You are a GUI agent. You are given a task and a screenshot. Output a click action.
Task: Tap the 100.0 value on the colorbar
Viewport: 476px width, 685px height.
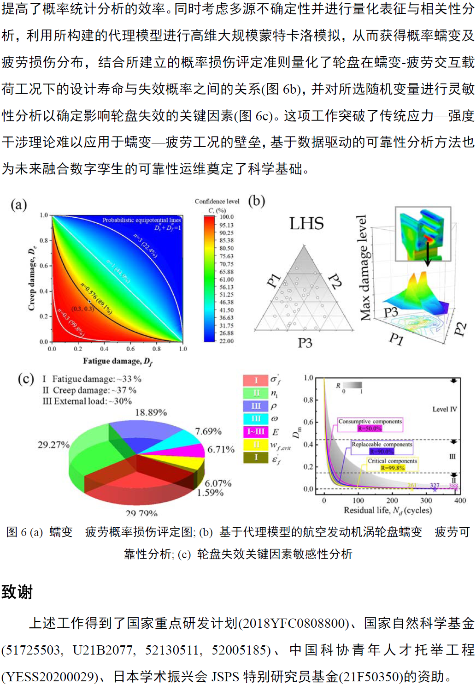pyautogui.click(x=226, y=217)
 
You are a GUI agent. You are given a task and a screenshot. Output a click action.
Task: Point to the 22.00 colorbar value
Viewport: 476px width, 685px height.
pyautogui.click(x=226, y=341)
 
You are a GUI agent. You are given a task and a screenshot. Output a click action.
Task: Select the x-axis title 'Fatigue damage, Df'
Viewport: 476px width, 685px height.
pyautogui.click(x=118, y=361)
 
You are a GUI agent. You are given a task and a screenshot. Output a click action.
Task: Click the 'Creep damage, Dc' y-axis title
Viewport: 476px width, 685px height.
pyautogui.click(x=32, y=278)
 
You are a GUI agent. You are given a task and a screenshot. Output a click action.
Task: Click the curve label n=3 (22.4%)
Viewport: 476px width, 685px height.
pyautogui.click(x=146, y=245)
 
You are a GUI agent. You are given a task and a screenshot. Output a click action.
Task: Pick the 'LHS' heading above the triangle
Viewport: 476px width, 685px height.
pyautogui.click(x=306, y=224)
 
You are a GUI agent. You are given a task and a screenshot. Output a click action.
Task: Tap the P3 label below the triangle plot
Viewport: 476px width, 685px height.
pyautogui.click(x=305, y=343)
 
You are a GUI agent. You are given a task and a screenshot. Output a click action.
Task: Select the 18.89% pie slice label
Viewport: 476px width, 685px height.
pyautogui.click(x=151, y=412)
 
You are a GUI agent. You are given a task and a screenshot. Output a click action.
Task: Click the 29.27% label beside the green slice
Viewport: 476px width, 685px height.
pyautogui.click(x=53, y=445)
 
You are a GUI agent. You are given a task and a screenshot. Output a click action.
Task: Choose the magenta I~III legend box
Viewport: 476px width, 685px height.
pyautogui.click(x=256, y=432)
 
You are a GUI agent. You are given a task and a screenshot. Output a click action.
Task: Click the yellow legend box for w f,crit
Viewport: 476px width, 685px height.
pyautogui.click(x=256, y=445)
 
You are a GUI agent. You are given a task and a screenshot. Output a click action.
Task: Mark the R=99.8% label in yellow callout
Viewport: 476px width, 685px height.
pyautogui.click(x=392, y=468)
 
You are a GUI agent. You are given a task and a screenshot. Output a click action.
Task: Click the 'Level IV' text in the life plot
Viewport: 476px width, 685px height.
pyautogui.click(x=444, y=409)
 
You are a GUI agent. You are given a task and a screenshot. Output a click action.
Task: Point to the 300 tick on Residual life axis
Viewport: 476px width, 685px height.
pyautogui.click(x=426, y=500)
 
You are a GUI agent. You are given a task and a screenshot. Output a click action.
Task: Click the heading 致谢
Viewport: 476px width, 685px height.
pyautogui.click(x=17, y=592)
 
